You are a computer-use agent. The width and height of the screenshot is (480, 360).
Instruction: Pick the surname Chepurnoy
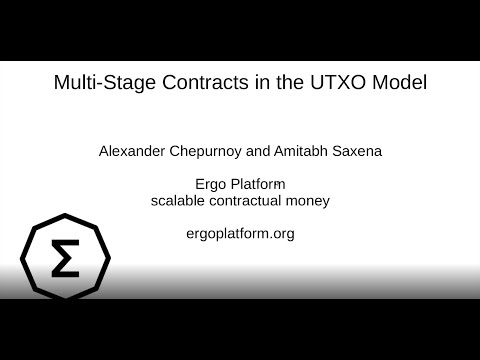click(x=221, y=152)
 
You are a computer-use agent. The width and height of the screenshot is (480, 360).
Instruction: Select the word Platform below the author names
click(x=255, y=183)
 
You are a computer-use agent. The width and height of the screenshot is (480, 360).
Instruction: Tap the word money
click(x=309, y=200)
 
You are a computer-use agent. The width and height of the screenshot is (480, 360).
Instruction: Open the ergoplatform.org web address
click(x=240, y=234)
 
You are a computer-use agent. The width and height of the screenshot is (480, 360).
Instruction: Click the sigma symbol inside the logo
click(x=65, y=259)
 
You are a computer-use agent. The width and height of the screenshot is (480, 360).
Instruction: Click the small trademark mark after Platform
click(x=285, y=179)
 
